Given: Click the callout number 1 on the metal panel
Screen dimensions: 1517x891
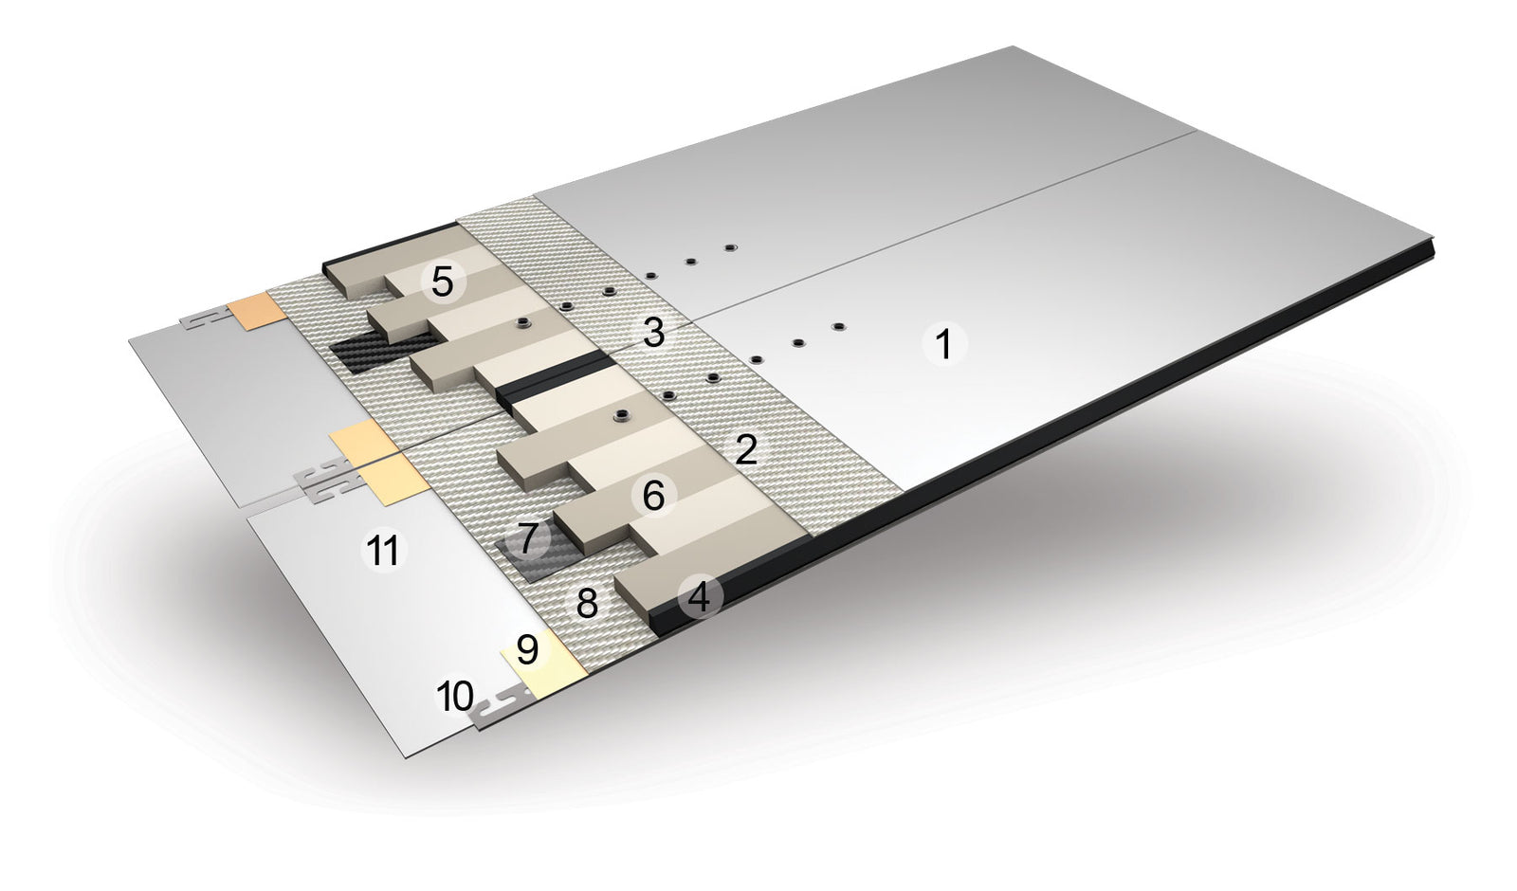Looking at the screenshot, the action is click(x=944, y=344).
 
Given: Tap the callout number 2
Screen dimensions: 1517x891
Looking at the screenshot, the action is click(x=745, y=449).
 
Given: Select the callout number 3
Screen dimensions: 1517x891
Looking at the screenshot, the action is click(x=653, y=333).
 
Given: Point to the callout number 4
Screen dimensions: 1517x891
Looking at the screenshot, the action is click(x=700, y=597).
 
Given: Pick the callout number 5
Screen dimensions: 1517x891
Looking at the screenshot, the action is click(x=442, y=282).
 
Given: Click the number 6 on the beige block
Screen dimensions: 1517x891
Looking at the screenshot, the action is click(x=653, y=497).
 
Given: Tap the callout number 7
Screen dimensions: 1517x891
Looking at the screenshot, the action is click(x=528, y=537).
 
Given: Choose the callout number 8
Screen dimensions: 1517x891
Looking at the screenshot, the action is click(x=587, y=603).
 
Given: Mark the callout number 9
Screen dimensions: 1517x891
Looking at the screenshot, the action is click(x=527, y=649).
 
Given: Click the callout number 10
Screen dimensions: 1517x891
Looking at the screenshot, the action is click(x=455, y=696).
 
